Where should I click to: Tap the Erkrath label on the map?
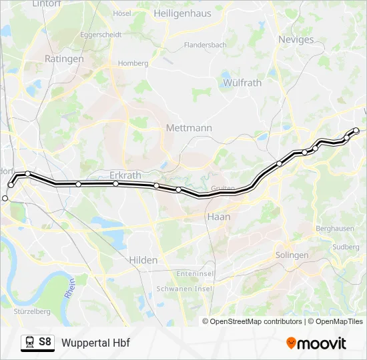click(x=125, y=175)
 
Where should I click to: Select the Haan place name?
click(x=219, y=217)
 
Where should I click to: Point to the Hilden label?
click(x=143, y=260)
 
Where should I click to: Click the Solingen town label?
click(x=292, y=255)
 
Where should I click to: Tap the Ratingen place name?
click(x=64, y=59)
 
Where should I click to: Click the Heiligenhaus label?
click(x=182, y=13)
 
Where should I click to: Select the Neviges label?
click(x=296, y=39)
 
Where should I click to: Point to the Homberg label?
click(x=133, y=63)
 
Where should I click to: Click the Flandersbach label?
click(x=206, y=45)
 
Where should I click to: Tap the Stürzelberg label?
click(x=32, y=311)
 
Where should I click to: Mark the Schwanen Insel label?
click(x=183, y=289)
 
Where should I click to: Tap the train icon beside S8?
click(x=29, y=343)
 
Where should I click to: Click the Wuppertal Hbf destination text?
click(x=95, y=343)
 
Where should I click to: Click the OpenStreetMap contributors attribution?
click(x=256, y=321)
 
